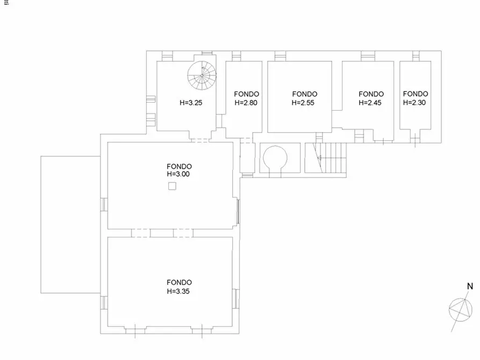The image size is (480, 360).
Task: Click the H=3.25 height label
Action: tap(191, 103)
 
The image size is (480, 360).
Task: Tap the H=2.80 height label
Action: tap(246, 103)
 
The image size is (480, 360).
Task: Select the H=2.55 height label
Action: tap(303, 103)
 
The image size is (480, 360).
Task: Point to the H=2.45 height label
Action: tap(370, 103)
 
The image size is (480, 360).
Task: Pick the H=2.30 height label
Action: tap(414, 103)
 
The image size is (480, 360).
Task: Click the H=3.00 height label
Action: tap(178, 174)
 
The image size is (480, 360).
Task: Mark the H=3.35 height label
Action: tap(178, 291)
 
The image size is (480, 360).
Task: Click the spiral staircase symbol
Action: tap(202, 75)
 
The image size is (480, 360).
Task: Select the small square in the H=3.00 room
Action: tap(173, 186)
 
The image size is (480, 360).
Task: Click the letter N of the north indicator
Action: tap(470, 286)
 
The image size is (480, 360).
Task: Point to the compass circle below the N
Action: tap(461, 310)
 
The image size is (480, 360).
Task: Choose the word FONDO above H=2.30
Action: tap(415, 93)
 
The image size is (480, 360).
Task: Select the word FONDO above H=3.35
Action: tap(180, 283)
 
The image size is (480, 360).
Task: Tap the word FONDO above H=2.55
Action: tap(305, 94)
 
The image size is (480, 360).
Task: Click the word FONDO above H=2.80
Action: tap(246, 94)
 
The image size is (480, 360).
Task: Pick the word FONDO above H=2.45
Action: tap(371, 94)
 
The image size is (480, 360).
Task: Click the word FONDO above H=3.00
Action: tap(180, 167)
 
